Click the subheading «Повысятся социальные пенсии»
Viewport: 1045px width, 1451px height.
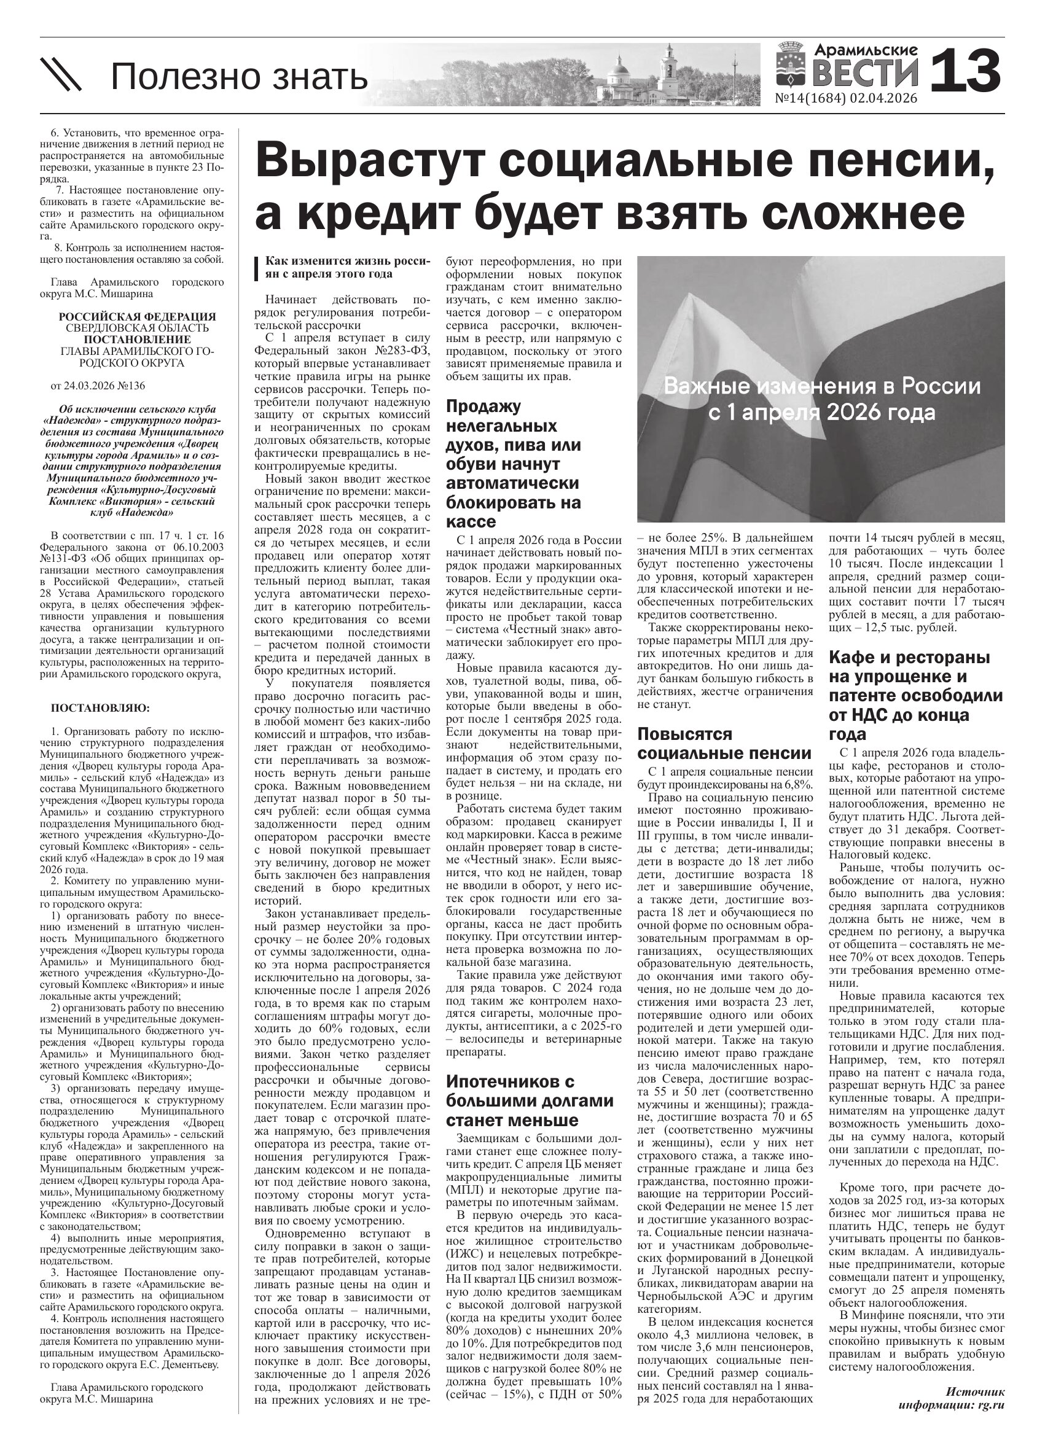[x=724, y=743]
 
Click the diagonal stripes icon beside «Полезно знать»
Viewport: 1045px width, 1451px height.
[x=61, y=74]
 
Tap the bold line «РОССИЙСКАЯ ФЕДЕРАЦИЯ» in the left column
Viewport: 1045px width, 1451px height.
[x=137, y=316]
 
